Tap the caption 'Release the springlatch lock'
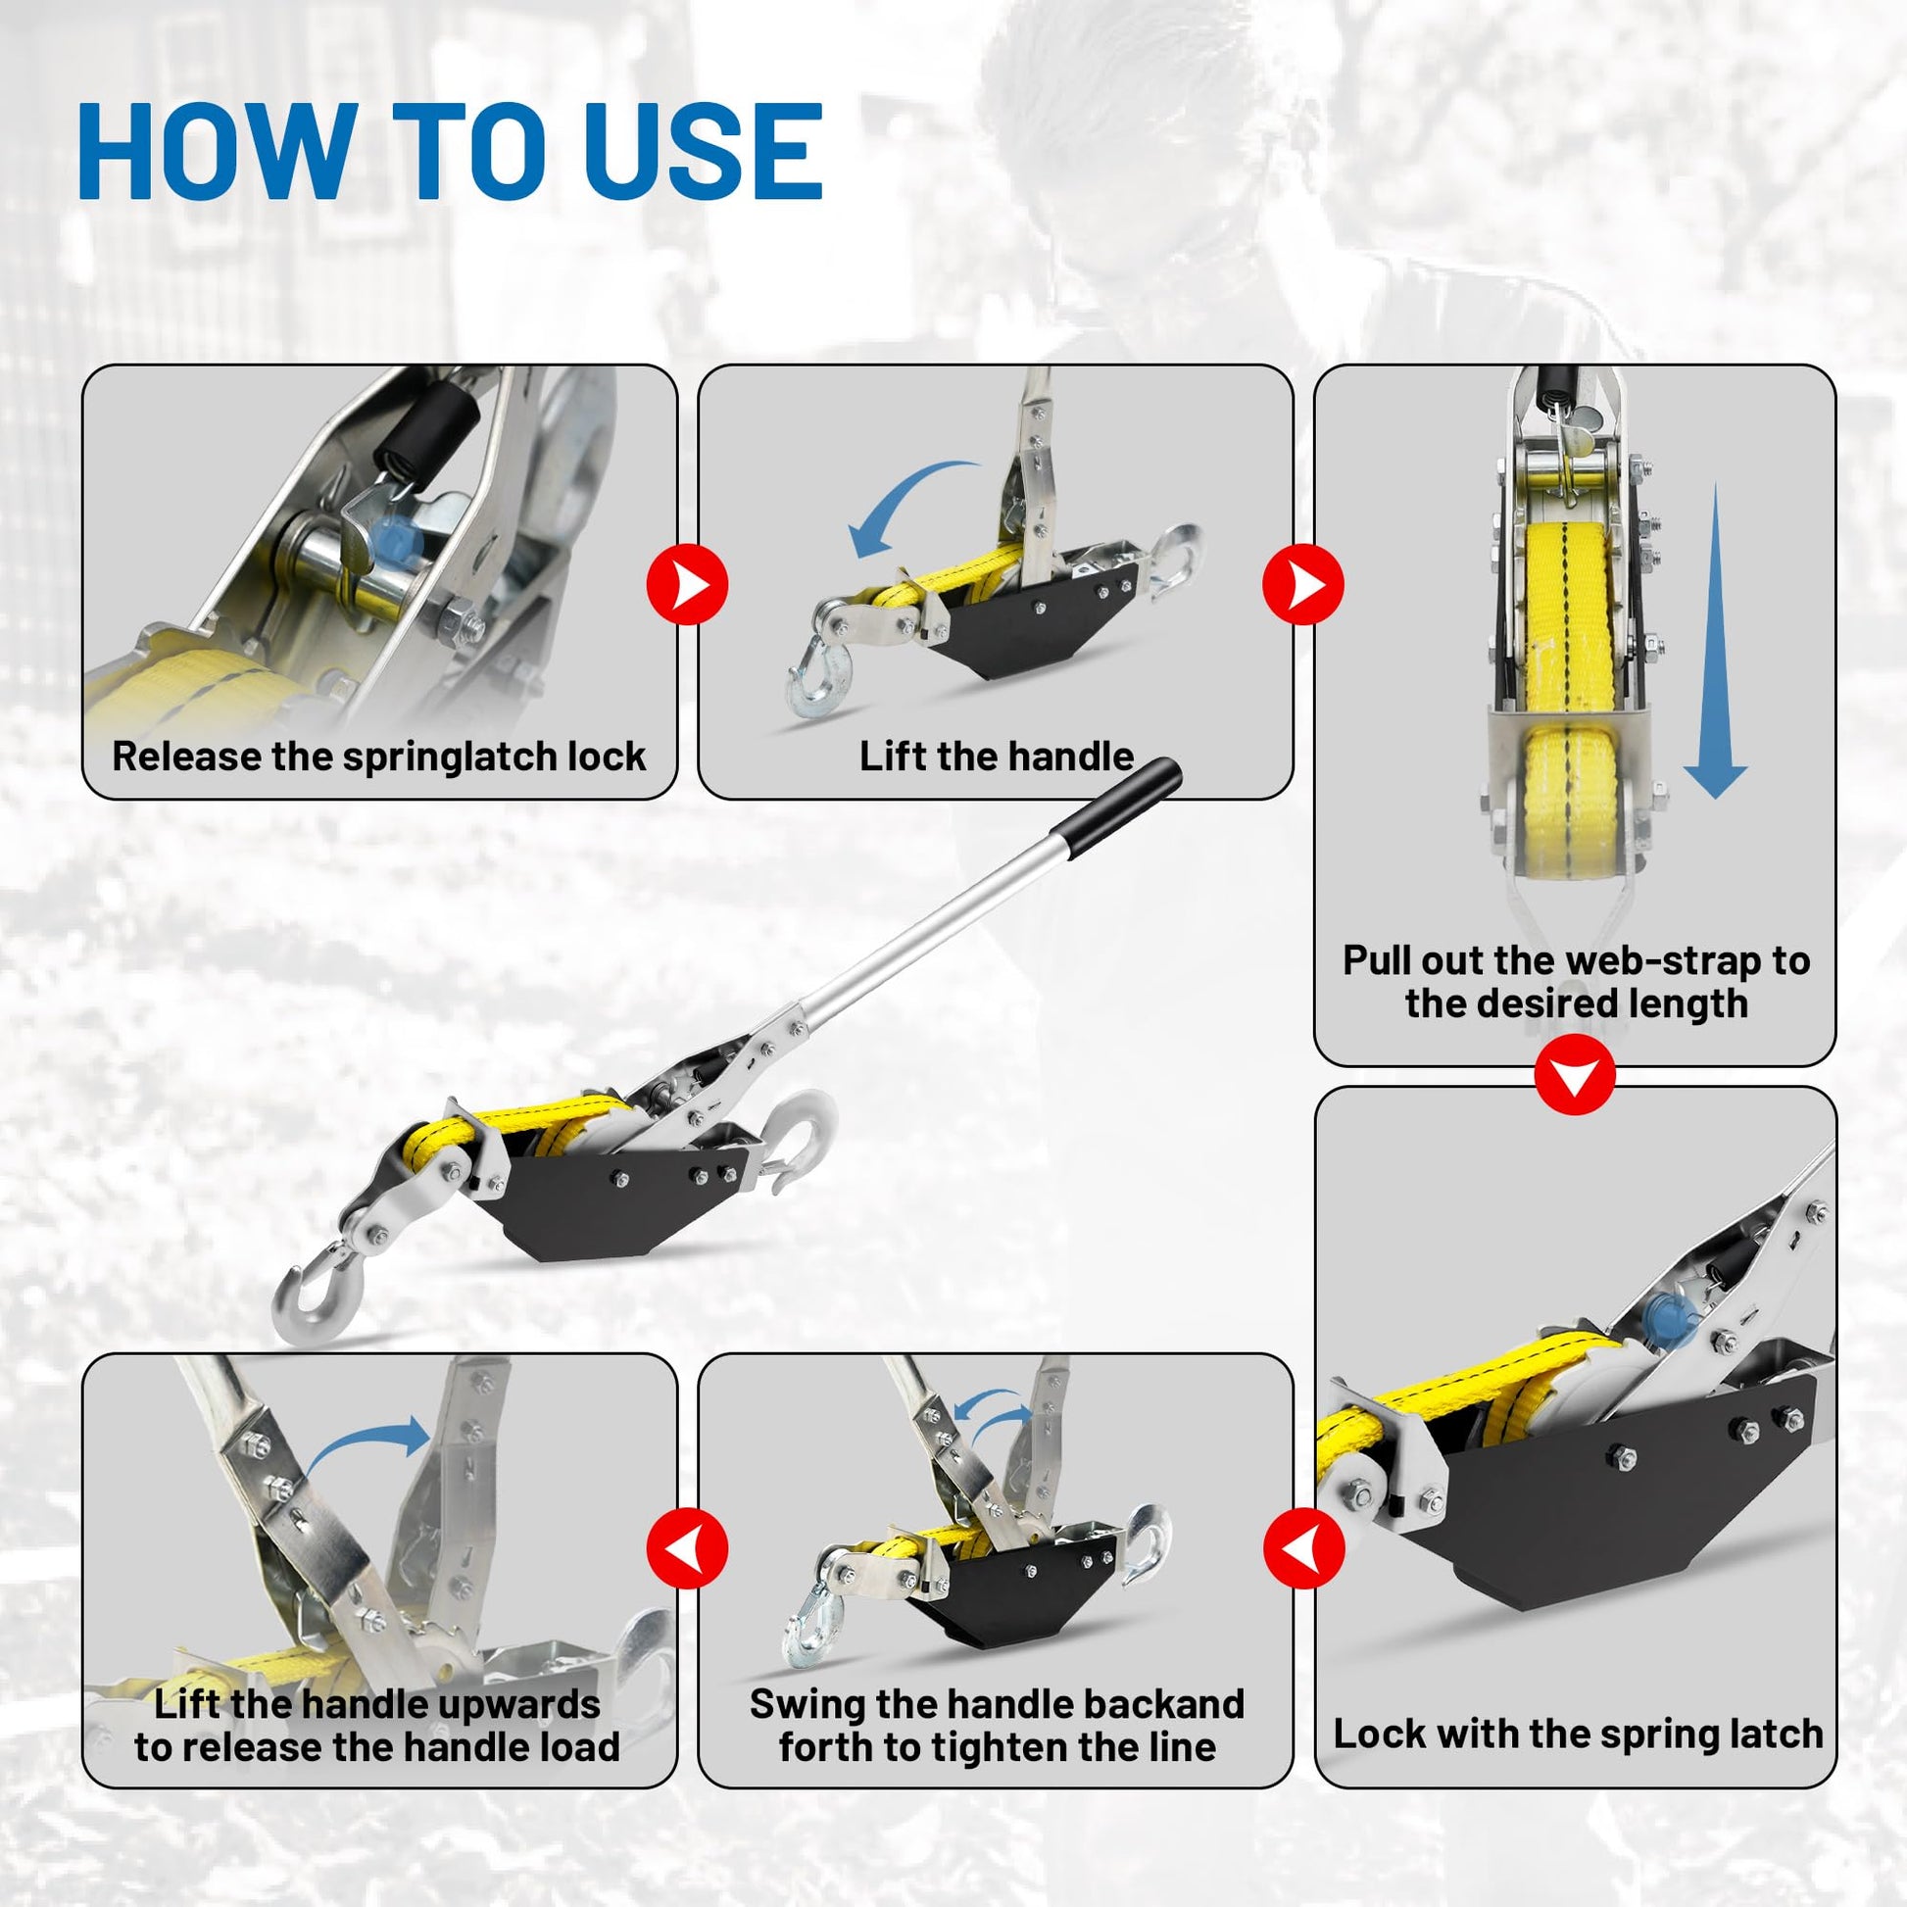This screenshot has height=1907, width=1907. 379,757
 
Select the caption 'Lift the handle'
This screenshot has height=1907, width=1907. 997,757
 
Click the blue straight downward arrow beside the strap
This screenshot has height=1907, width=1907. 1716,641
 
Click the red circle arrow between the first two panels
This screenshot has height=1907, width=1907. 687,584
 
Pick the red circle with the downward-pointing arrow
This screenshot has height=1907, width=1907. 1576,1075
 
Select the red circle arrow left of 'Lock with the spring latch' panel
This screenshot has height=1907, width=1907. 1304,1546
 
